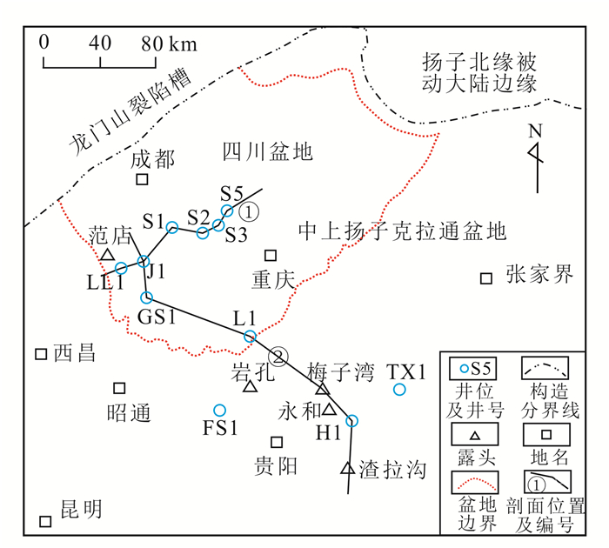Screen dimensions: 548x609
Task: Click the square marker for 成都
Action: point(142,179)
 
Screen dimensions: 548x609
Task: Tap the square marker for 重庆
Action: point(271,256)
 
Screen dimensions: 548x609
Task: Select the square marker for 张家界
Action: point(487,278)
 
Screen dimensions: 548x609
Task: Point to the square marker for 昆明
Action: point(45,521)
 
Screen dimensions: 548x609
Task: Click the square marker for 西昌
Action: point(40,354)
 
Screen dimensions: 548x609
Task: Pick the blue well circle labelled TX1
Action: point(399,389)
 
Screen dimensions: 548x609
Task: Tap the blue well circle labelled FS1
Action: point(219,410)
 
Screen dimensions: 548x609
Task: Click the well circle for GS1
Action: point(146,297)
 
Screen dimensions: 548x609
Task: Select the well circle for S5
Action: point(228,211)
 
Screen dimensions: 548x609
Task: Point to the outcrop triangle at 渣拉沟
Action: point(347,469)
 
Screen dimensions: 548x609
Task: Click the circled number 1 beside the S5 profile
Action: point(249,211)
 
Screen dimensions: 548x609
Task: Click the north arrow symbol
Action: point(537,157)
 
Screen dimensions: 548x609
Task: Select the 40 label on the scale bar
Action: point(100,42)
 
